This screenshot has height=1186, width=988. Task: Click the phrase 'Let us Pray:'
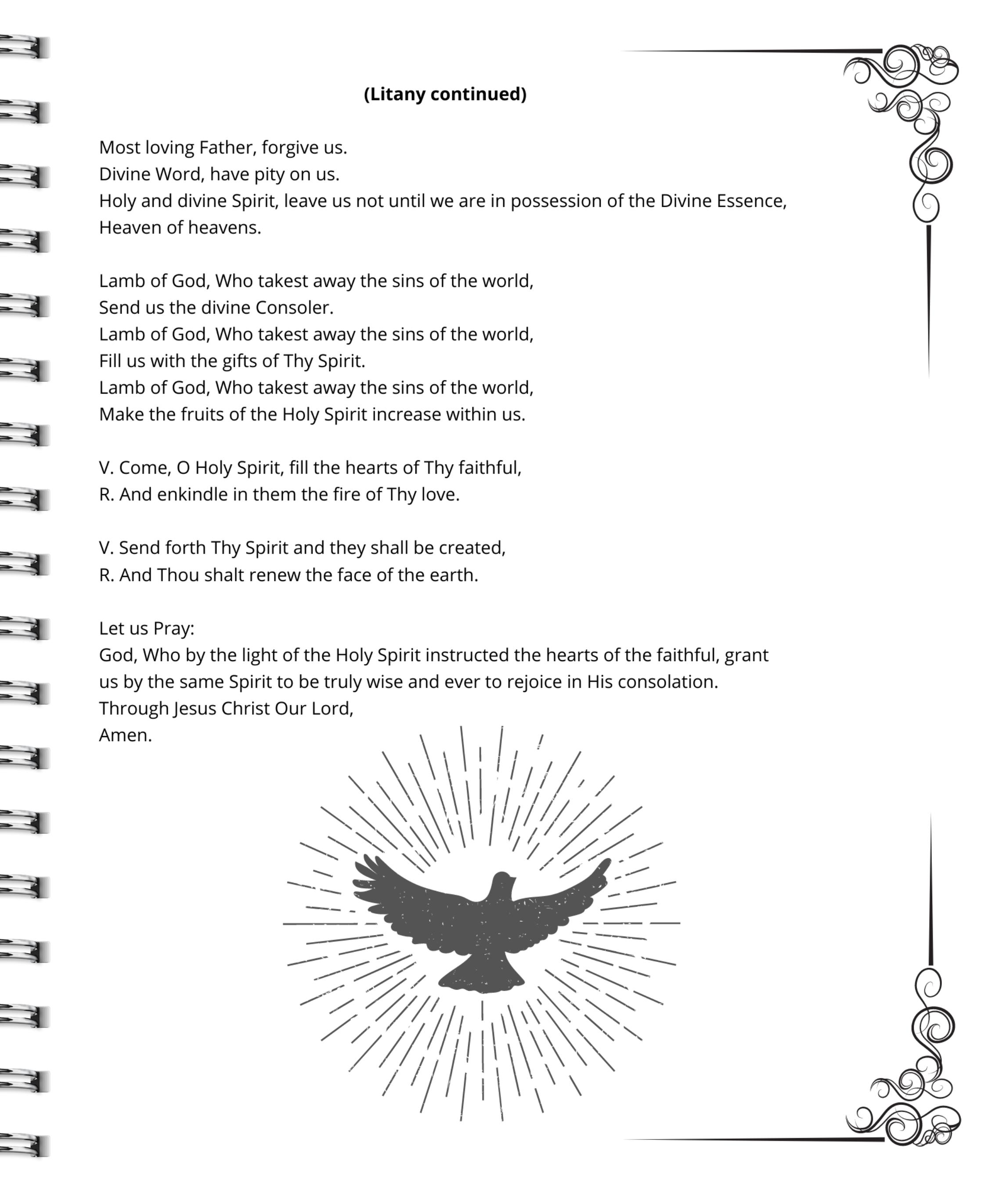[x=146, y=629]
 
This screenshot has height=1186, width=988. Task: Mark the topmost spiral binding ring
[x=25, y=47]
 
